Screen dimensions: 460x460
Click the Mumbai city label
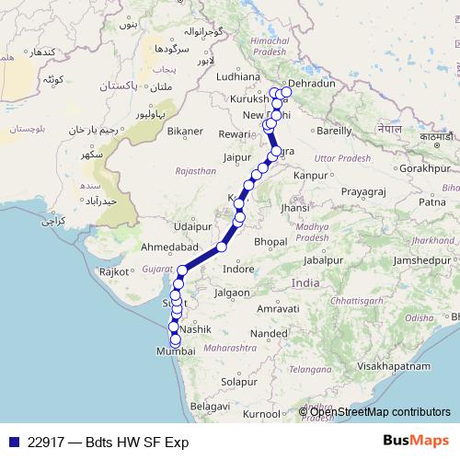pos(176,351)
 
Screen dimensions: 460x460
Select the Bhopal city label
pos(270,241)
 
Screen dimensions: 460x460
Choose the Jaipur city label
pos(237,157)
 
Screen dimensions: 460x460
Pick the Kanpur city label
pos(313,174)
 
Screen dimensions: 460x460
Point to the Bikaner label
pos(184,132)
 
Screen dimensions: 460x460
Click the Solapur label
pos(238,381)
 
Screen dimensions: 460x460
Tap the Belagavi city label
pos(210,406)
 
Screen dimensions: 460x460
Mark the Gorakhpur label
pos(423,168)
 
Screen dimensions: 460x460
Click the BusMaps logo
pos(415,442)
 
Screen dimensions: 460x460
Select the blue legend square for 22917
pos(12,442)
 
